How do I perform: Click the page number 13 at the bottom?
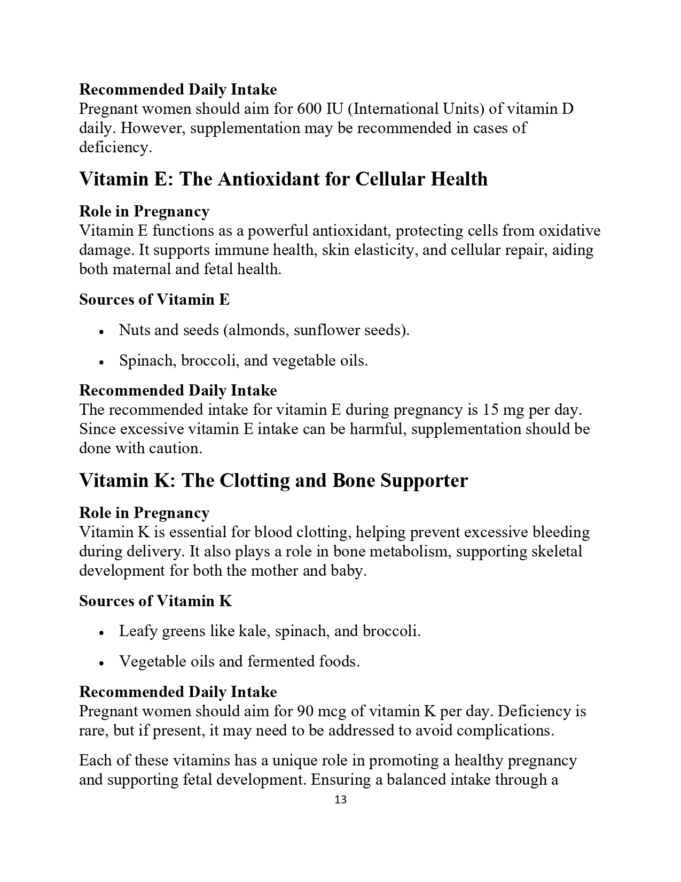pyautogui.click(x=340, y=800)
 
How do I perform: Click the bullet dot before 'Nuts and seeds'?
pyautogui.click(x=101, y=331)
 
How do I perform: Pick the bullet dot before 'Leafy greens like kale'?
pyautogui.click(x=101, y=632)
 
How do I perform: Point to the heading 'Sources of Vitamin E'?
pyautogui.click(x=154, y=299)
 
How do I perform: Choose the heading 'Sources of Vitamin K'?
pyautogui.click(x=155, y=601)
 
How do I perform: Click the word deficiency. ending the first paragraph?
pyautogui.click(x=115, y=148)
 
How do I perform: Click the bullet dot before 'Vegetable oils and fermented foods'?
pyautogui.click(x=101, y=663)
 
